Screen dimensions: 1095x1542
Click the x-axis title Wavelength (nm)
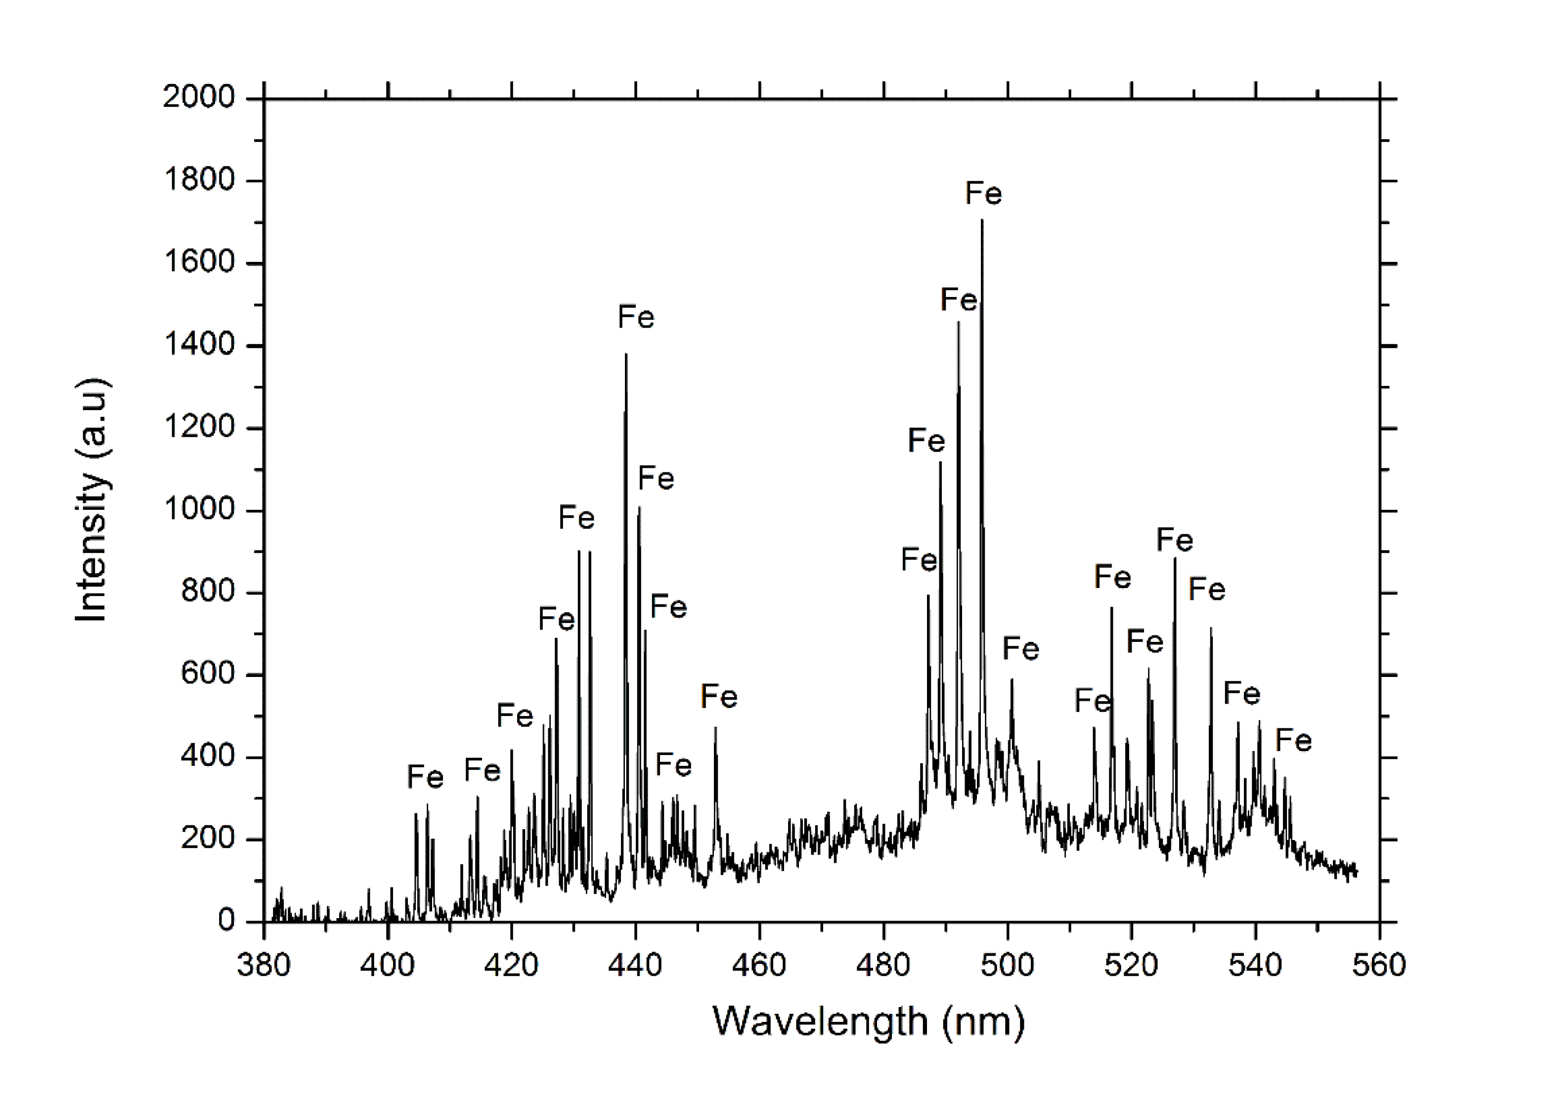pos(868,1021)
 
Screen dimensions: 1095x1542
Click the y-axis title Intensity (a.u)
pos(92,500)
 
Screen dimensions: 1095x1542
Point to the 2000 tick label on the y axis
pos(199,98)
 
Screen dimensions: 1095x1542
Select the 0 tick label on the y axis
pos(226,921)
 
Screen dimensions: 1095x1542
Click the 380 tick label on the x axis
pos(264,966)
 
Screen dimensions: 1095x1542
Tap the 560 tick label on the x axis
pos(1379,966)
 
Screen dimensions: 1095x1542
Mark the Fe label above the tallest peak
pos(983,194)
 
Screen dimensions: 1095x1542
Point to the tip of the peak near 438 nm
pos(626,354)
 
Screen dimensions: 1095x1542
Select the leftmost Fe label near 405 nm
pos(425,777)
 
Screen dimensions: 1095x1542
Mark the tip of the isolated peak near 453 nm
pos(716,727)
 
